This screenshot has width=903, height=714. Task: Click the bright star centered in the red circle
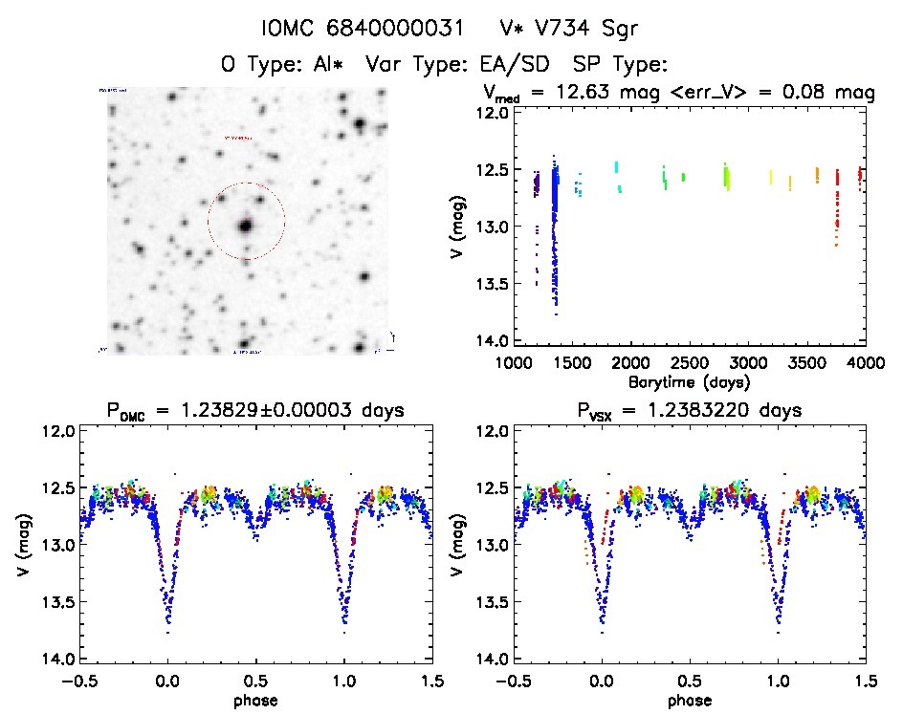click(246, 227)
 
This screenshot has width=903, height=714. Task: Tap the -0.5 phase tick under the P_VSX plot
click(511, 681)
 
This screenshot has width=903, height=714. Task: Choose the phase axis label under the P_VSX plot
click(689, 700)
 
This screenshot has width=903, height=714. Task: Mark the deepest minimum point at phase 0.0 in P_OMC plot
click(167, 632)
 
